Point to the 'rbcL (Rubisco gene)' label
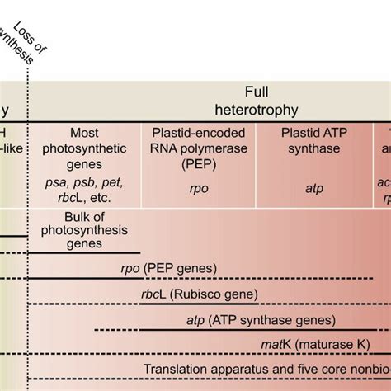205,294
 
